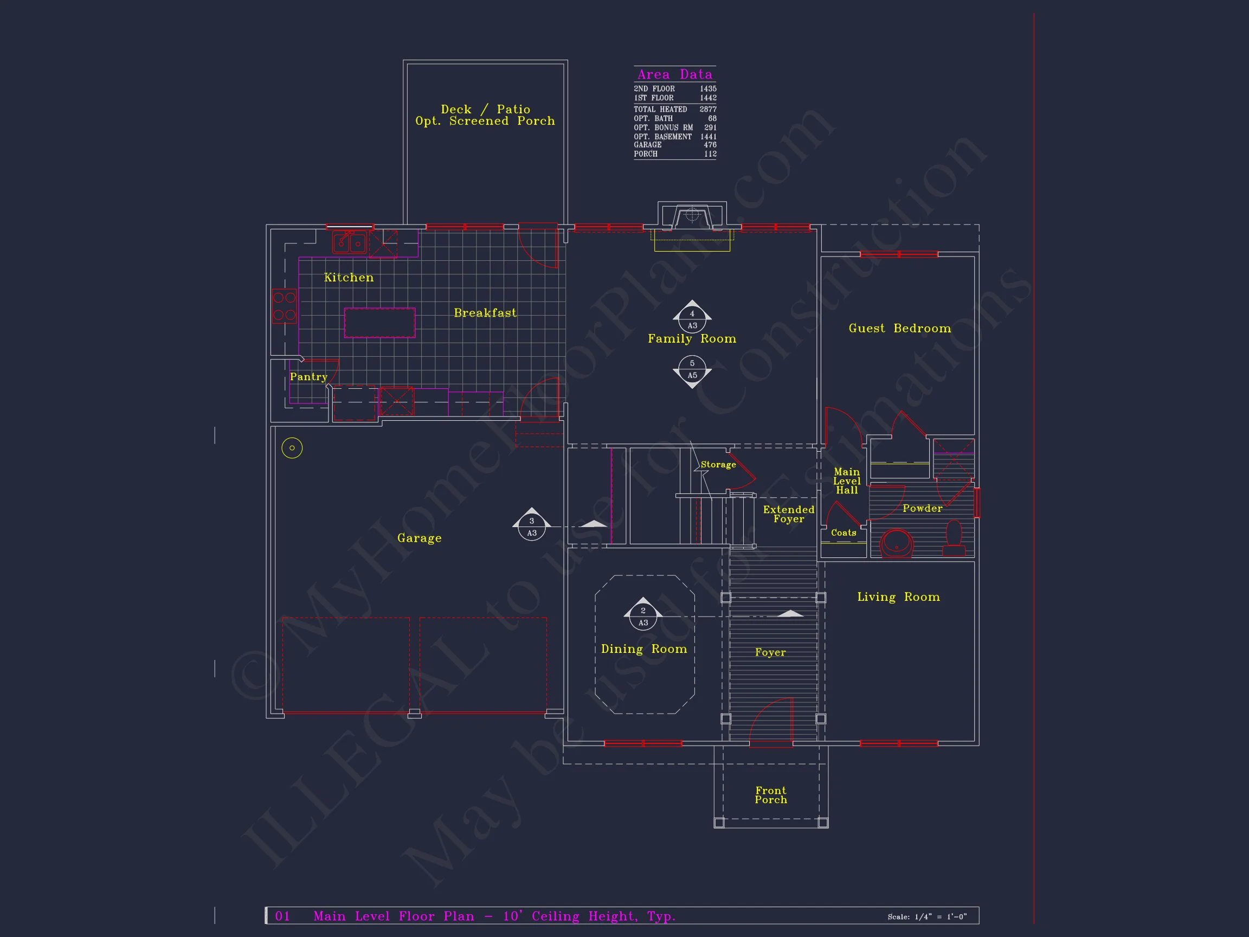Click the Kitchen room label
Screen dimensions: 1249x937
click(349, 277)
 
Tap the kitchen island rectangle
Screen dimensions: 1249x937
click(379, 323)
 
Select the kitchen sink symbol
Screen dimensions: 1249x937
click(350, 242)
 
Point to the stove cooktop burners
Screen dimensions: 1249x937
click(284, 306)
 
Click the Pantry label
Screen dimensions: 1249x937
click(308, 377)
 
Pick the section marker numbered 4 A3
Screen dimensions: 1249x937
click(692, 317)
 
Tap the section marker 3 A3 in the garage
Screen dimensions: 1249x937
click(531, 525)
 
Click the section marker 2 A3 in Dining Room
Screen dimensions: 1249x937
click(642, 614)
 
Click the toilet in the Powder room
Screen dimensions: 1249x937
click(954, 538)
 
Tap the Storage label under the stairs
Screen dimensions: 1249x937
click(718, 465)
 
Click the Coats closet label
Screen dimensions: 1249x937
click(844, 532)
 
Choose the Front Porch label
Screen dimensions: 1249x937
click(771, 795)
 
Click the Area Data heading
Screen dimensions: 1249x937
click(675, 74)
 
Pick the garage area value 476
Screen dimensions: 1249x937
click(710, 145)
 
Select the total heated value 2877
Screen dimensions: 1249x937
click(708, 110)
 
